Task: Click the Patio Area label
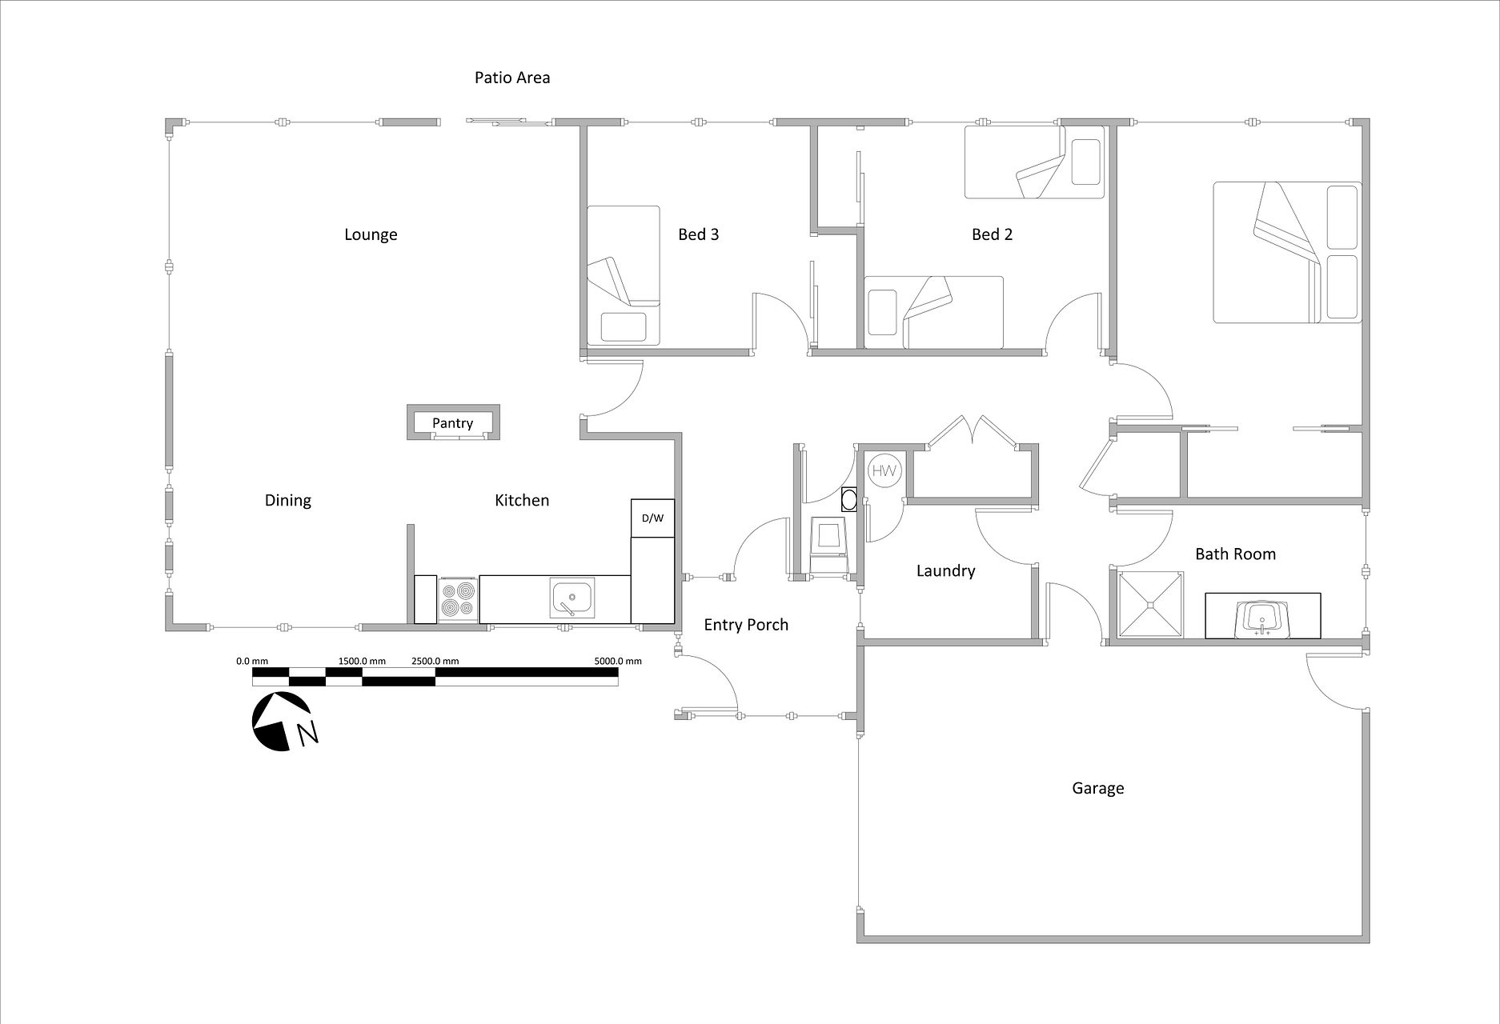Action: click(x=512, y=78)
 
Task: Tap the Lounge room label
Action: click(x=371, y=234)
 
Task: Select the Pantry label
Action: click(x=452, y=423)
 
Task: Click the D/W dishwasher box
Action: click(x=652, y=518)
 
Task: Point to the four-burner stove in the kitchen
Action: click(x=458, y=600)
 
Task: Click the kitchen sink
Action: click(x=572, y=599)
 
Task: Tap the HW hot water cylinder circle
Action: click(x=884, y=470)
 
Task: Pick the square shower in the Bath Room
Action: click(x=1150, y=605)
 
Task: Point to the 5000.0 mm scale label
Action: click(x=618, y=662)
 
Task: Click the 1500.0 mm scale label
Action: click(x=362, y=662)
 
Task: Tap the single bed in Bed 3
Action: click(x=624, y=276)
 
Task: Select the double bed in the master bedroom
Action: click(x=1287, y=253)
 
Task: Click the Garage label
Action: click(x=1098, y=789)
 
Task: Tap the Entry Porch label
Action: click(x=746, y=625)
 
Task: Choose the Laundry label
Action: click(x=945, y=571)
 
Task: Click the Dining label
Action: click(x=288, y=501)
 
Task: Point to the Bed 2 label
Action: click(x=992, y=234)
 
